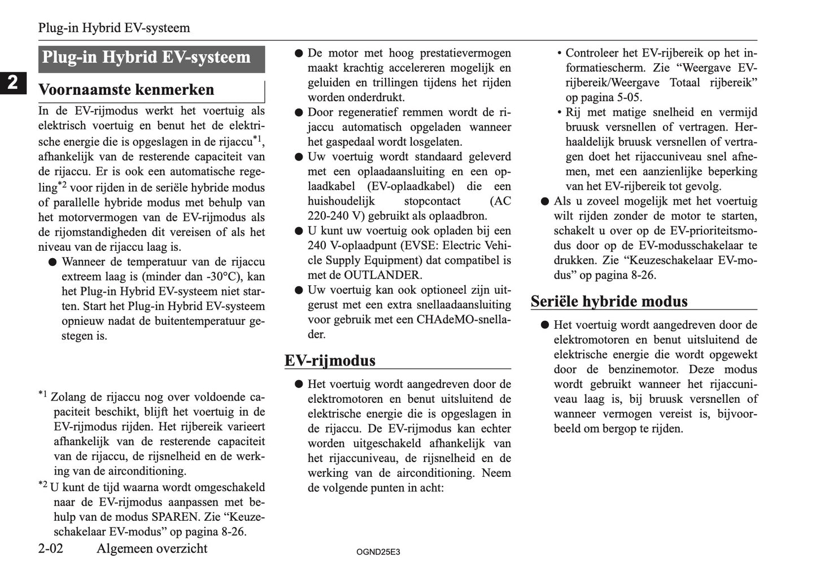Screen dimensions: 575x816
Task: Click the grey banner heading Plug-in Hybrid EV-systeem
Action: pos(151,58)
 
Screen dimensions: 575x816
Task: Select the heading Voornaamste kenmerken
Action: pos(126,90)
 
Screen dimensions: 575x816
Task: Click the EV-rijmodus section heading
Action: pos(330,360)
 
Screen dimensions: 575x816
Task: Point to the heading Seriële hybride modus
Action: pos(609,301)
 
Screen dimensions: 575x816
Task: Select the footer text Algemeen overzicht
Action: pos(152,548)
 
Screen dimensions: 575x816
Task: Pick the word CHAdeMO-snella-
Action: pos(464,319)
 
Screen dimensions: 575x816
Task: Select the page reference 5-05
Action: pos(626,97)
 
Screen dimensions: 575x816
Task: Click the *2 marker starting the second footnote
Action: pos(43,485)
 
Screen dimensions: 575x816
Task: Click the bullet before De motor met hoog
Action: pos(299,54)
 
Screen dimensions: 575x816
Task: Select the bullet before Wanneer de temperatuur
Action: pos(52,262)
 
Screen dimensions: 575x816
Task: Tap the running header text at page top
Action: pos(114,28)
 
